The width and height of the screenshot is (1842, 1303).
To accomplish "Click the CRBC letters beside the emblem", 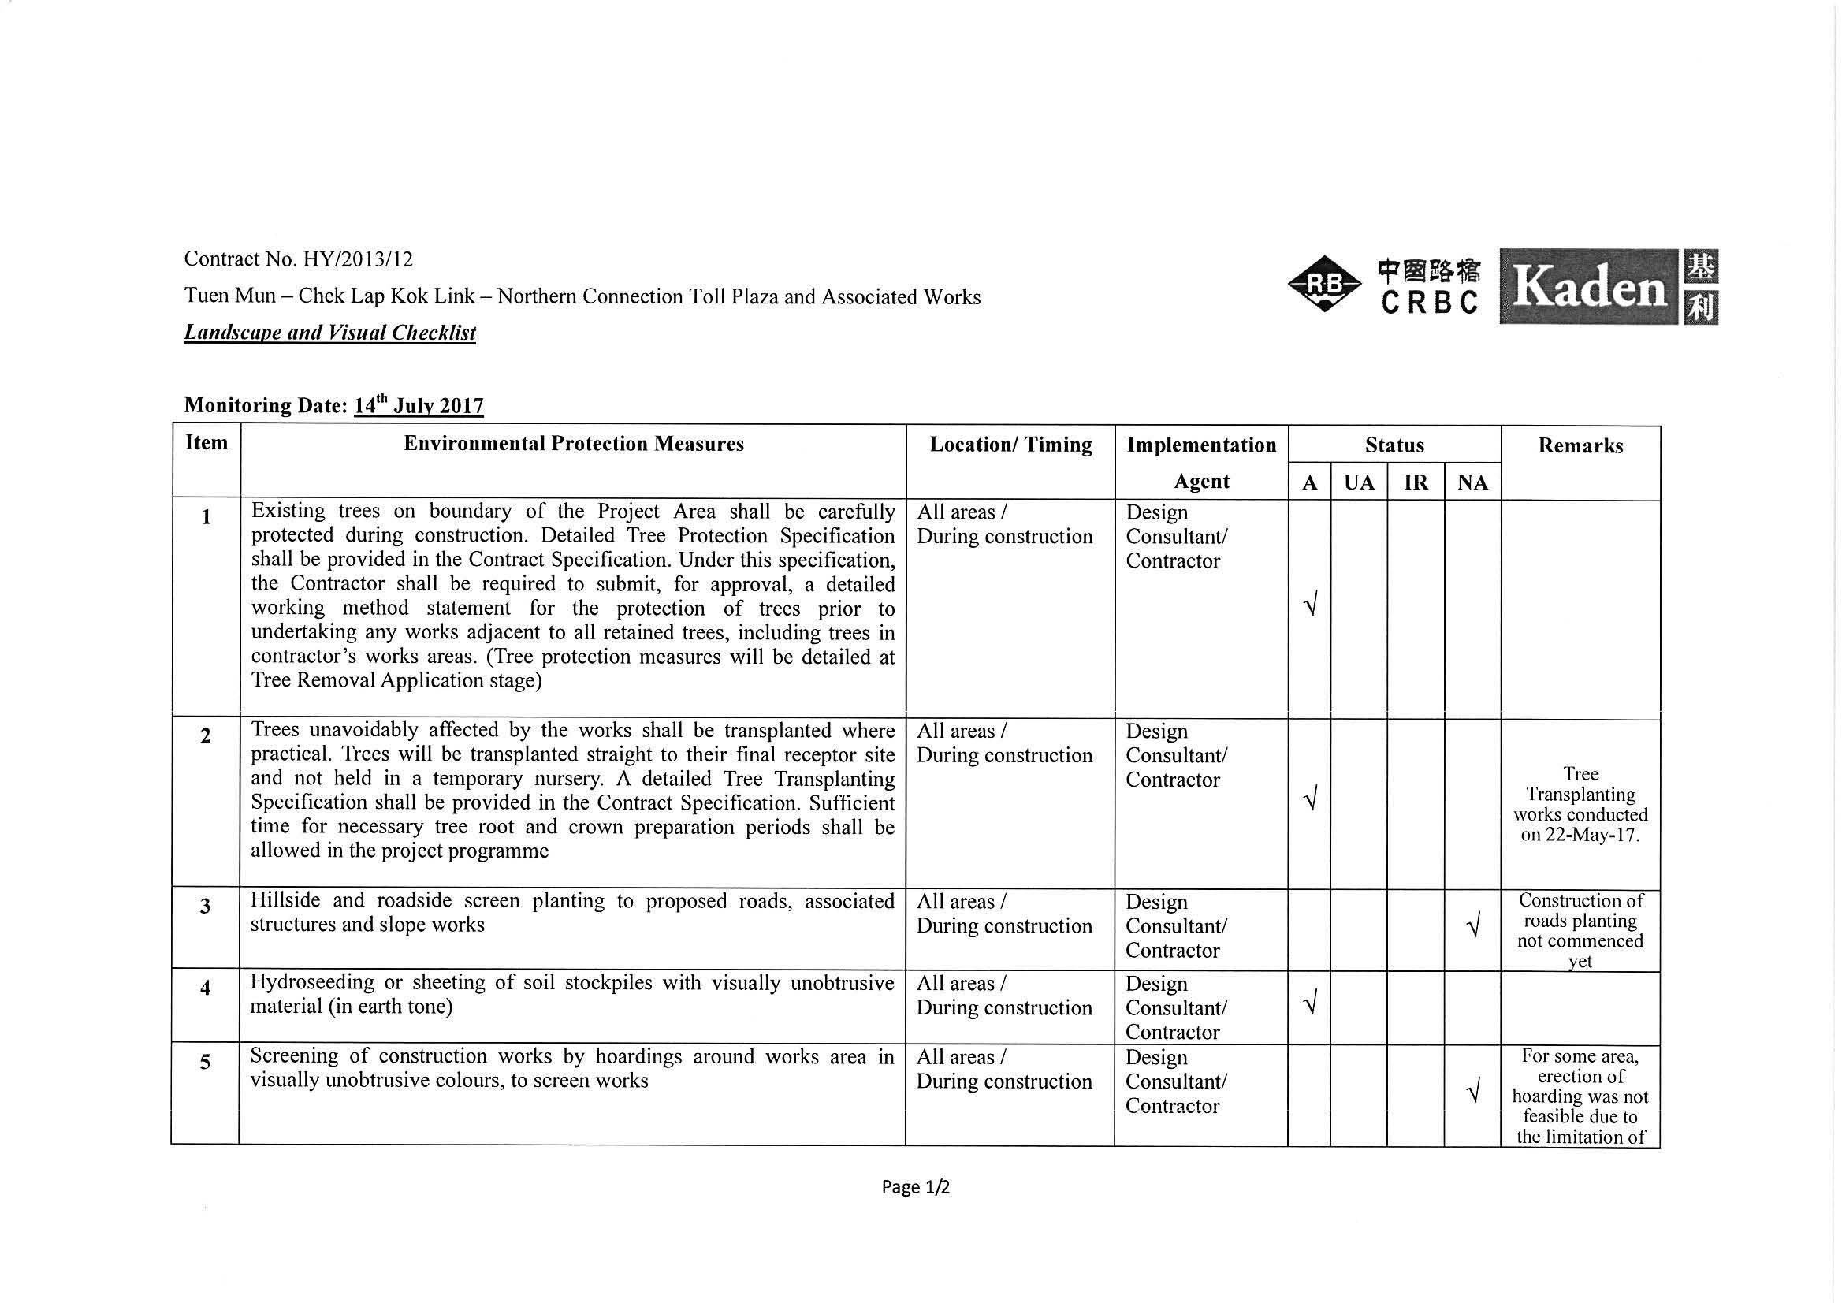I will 1429,303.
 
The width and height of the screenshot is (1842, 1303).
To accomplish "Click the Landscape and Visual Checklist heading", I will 329,332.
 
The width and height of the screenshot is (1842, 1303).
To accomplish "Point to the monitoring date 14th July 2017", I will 418,405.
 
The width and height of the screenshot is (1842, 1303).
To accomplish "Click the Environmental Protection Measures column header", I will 574,444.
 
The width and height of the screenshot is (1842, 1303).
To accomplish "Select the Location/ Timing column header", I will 1010,445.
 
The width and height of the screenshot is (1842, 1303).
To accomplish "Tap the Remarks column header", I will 1580,446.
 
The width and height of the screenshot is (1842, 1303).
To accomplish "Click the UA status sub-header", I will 1359,482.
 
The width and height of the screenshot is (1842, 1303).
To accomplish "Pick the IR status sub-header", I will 1416,482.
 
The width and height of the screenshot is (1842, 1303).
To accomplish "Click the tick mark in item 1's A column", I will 1310,605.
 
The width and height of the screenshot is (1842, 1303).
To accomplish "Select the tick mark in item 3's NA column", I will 1472,928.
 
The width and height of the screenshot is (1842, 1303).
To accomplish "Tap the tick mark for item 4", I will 1310,1003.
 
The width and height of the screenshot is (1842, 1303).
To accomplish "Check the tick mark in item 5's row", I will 1472,1092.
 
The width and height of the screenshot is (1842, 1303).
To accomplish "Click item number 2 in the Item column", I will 206,735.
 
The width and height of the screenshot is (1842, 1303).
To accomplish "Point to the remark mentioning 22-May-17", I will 1580,804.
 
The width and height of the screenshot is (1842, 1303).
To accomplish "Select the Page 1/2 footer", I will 915,1186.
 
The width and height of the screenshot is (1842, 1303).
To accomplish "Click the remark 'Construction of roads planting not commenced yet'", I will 1580,931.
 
